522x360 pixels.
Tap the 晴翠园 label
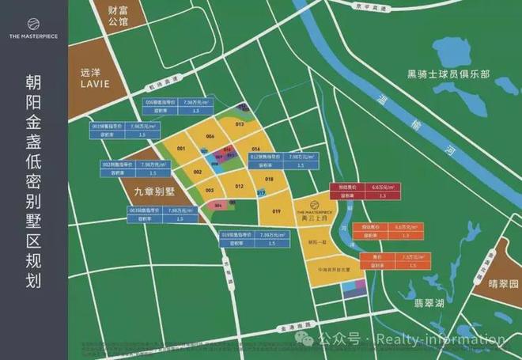[x=503, y=283]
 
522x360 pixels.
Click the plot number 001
[x=181, y=149]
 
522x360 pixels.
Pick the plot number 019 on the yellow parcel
[x=277, y=211]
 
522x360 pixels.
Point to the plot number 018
[x=269, y=180]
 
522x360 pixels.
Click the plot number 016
[x=256, y=149]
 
